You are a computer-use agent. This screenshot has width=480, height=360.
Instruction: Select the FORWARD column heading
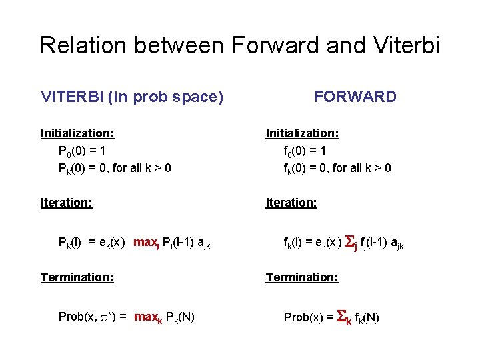coord(355,97)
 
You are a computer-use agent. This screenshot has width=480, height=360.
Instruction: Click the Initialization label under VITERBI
coord(77,133)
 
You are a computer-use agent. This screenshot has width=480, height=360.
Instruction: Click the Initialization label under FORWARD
coord(302,133)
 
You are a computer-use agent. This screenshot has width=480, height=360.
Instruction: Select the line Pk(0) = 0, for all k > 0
coord(115,168)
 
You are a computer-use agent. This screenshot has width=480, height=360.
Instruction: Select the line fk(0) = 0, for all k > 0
coord(337,168)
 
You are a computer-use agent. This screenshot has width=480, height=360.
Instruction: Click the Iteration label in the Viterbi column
coord(66,202)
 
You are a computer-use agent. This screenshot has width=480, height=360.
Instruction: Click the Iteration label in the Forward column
coord(291,202)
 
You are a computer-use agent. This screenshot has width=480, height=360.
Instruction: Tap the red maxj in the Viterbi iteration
coord(147,243)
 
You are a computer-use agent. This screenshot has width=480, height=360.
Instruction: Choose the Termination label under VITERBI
coord(77,277)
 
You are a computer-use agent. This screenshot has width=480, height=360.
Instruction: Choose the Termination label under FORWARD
coord(302,277)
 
